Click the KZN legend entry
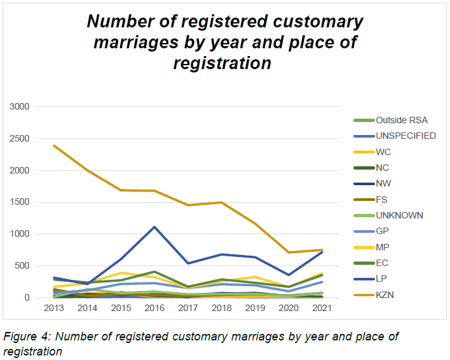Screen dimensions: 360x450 click(x=385, y=295)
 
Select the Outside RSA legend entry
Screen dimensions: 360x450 click(x=398, y=120)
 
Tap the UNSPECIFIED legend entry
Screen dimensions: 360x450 click(x=406, y=136)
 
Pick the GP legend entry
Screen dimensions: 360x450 click(x=383, y=231)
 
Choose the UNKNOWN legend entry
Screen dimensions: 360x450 click(x=399, y=215)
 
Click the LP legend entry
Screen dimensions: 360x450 click(x=382, y=278)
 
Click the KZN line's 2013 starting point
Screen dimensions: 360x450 click(x=53, y=145)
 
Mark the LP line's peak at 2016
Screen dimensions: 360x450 click(x=154, y=227)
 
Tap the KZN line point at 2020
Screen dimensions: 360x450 click(x=288, y=252)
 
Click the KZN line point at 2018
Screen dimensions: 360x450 click(x=220, y=202)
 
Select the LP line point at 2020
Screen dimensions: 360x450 click(x=288, y=275)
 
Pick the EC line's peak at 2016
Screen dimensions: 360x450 click(x=154, y=271)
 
